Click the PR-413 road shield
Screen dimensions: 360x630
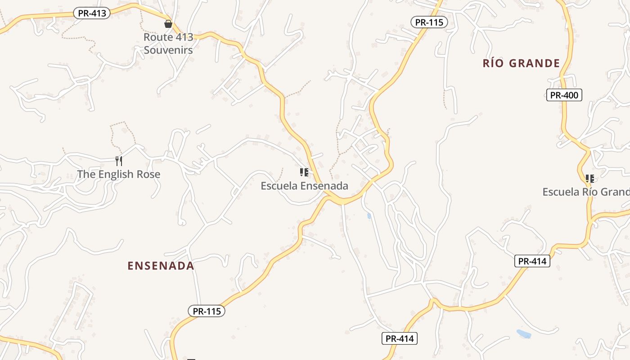pos(92,13)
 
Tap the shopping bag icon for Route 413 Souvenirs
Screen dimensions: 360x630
pos(168,24)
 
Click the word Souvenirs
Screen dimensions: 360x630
pos(168,50)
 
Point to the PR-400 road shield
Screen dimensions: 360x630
pos(564,95)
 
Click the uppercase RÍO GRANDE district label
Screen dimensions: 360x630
pos(521,63)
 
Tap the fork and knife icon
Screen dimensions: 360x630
pos(119,161)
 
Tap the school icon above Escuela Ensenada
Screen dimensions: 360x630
pos(304,172)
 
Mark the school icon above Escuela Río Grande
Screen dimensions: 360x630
pos(589,179)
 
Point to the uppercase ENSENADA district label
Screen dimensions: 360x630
pos(161,266)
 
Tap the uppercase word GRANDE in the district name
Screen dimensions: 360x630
pos(535,63)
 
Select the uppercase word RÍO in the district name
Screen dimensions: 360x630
pos(494,63)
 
